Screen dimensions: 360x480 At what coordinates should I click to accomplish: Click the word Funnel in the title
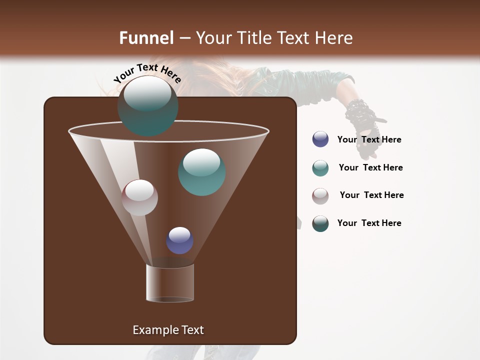pos(146,38)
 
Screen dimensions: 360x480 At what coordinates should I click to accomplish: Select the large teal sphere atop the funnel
pos(148,106)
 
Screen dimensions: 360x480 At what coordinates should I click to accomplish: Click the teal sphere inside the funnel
pos(201,172)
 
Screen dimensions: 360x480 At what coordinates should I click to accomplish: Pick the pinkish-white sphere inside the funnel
pos(139,197)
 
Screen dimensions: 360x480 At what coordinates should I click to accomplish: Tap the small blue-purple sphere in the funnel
pos(179,240)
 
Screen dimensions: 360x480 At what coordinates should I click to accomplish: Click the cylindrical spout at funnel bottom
pos(170,283)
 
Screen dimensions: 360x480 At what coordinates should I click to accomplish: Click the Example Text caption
pos(168,330)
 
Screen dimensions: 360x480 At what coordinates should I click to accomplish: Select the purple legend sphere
pos(320,139)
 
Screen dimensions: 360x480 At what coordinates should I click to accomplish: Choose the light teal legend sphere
pos(320,168)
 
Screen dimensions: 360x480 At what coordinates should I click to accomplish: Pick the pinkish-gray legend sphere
pos(320,196)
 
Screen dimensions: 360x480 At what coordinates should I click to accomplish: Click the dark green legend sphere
pos(320,223)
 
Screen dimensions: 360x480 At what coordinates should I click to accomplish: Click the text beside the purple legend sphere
pos(369,139)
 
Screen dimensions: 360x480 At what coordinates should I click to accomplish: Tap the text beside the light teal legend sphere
pos(370,167)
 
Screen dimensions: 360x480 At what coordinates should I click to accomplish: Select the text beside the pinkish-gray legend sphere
pos(371,195)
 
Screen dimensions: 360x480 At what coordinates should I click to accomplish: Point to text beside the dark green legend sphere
pos(369,223)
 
